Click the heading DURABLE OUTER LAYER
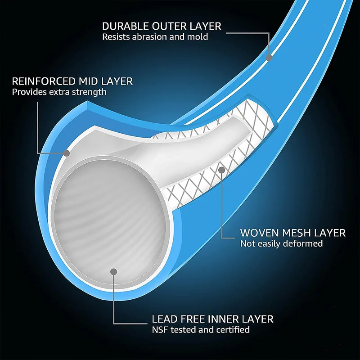point(162,26)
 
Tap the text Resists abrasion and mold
point(155,37)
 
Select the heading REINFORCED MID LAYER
point(72,81)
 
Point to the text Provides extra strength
point(59,92)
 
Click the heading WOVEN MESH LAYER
point(293,233)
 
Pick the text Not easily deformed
point(281,244)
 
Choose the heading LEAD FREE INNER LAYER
point(212,319)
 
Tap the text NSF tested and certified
point(201,330)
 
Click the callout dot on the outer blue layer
point(269,58)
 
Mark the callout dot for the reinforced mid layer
point(67,153)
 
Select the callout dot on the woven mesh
point(221,170)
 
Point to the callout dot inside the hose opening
point(114,272)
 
